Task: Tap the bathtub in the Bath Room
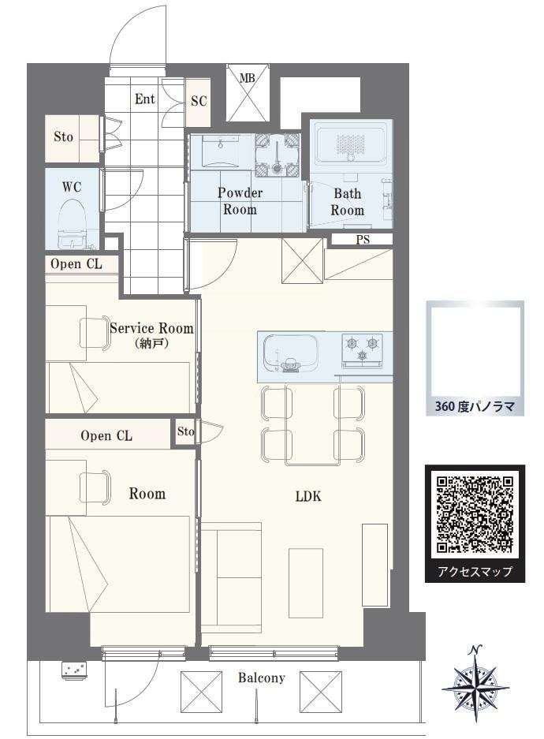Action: point(350,144)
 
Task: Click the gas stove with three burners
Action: point(362,349)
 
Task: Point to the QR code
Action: point(475,515)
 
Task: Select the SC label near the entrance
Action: point(199,101)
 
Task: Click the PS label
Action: point(363,240)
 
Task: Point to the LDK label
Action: point(308,496)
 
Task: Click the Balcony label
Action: point(262,677)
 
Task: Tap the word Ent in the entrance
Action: point(145,99)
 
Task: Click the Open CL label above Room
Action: point(106,435)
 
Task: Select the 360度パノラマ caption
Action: point(475,406)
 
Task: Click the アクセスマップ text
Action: point(475,571)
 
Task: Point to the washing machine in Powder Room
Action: point(278,155)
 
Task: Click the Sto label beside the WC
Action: point(63,137)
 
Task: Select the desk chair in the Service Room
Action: point(95,333)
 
